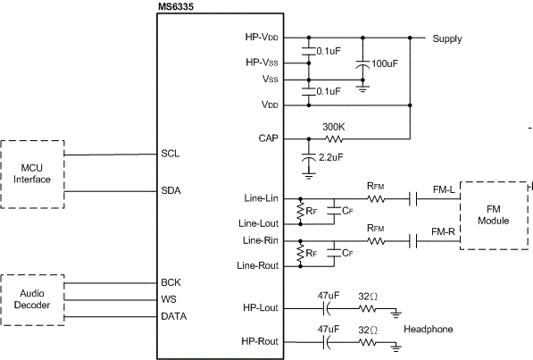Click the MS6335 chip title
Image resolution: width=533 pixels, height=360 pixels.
pos(176,6)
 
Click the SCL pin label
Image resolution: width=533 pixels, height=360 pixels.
pos(171,154)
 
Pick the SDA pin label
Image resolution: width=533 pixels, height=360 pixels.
pos(171,190)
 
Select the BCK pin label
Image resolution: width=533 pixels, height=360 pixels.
pos(171,282)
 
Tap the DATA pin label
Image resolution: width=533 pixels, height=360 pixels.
pos(174,316)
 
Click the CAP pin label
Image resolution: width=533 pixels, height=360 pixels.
pos(268,138)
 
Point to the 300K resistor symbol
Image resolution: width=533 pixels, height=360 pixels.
pos(334,138)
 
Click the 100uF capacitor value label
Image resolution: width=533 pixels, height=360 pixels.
pos(385,63)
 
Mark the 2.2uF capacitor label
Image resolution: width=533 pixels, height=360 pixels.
pos(330,157)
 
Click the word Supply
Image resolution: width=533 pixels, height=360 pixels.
pos(447,38)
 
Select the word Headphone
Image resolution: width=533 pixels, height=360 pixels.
pos(429,330)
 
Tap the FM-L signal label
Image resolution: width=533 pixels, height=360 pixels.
pos(444,189)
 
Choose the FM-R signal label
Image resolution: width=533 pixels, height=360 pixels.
pos(443,231)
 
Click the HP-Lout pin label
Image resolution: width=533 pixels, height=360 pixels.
pos(261,307)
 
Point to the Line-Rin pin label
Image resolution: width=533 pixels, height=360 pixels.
pos(261,240)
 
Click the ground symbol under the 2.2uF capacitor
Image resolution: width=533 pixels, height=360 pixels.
pos(309,176)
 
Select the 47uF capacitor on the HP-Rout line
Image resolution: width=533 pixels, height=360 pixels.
pos(327,342)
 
